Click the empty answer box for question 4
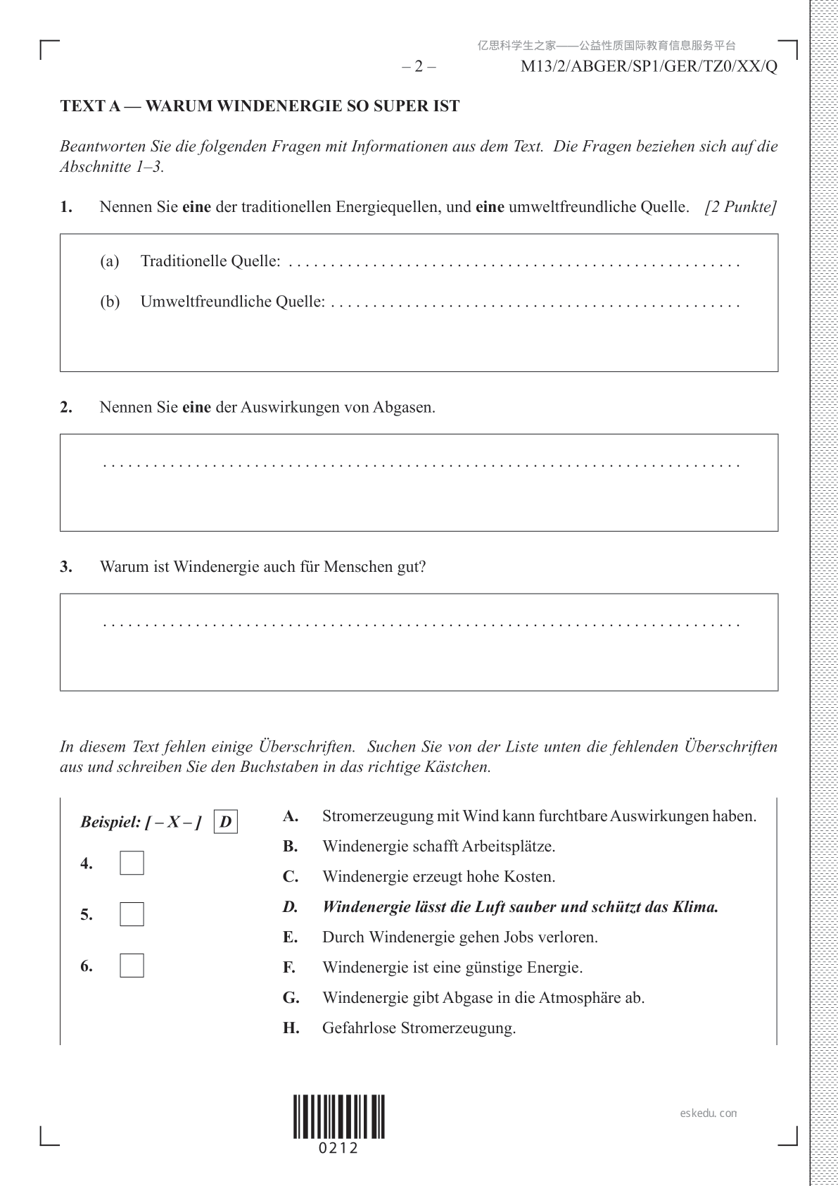point(132,863)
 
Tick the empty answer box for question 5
point(132,914)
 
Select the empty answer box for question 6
point(132,966)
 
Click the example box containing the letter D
point(225,822)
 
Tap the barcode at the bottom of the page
point(339,1116)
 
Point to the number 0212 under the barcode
point(339,1149)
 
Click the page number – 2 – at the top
point(419,67)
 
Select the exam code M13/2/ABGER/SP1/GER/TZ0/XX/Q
point(649,67)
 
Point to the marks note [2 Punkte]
point(740,207)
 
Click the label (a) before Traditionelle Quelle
point(109,261)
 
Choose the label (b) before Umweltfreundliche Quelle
point(109,302)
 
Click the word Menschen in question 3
point(357,567)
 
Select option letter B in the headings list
point(290,847)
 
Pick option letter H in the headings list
point(291,1028)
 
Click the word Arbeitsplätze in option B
point(508,847)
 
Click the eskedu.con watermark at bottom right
point(709,1113)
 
